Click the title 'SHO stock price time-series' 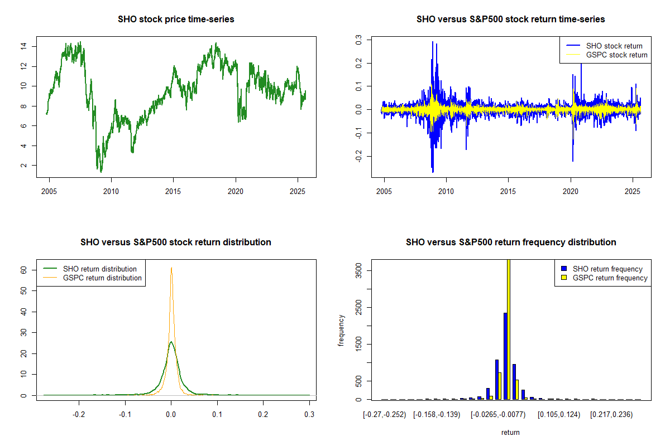pos(176,20)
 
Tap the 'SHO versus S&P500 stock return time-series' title pos(510,20)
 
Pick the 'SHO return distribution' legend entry pos(100,269)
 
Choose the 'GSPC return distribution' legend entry pos(102,278)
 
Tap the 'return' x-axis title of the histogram pos(510,432)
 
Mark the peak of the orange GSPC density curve pos(171,268)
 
